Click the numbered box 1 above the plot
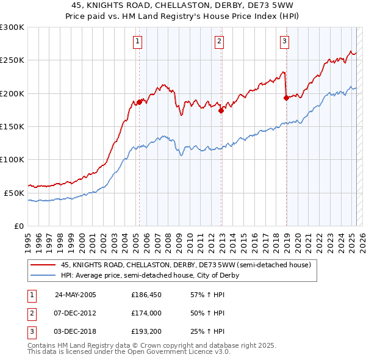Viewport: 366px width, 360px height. point(138,41)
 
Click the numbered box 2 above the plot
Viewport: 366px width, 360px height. point(219,41)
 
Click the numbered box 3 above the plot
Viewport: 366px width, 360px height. point(284,41)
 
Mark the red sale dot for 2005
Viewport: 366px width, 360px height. point(139,102)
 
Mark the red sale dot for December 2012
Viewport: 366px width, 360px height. point(221,110)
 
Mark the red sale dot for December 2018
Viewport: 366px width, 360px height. point(286,98)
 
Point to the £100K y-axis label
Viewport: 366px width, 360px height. point(12,159)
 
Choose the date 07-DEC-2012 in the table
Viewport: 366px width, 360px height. point(76,313)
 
